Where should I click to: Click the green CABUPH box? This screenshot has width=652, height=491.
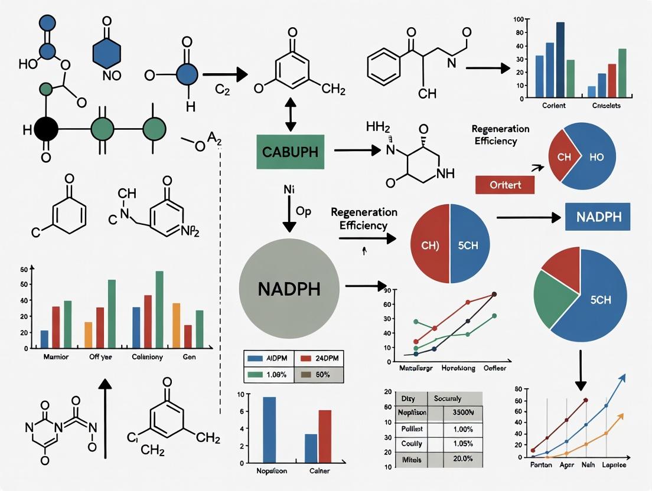288,152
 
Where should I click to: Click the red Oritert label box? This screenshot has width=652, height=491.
504,185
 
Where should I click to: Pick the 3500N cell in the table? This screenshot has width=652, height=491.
462,413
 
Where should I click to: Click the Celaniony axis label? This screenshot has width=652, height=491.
148,357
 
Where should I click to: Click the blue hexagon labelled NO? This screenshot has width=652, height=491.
106,53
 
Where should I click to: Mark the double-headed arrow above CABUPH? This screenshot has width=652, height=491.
291,116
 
